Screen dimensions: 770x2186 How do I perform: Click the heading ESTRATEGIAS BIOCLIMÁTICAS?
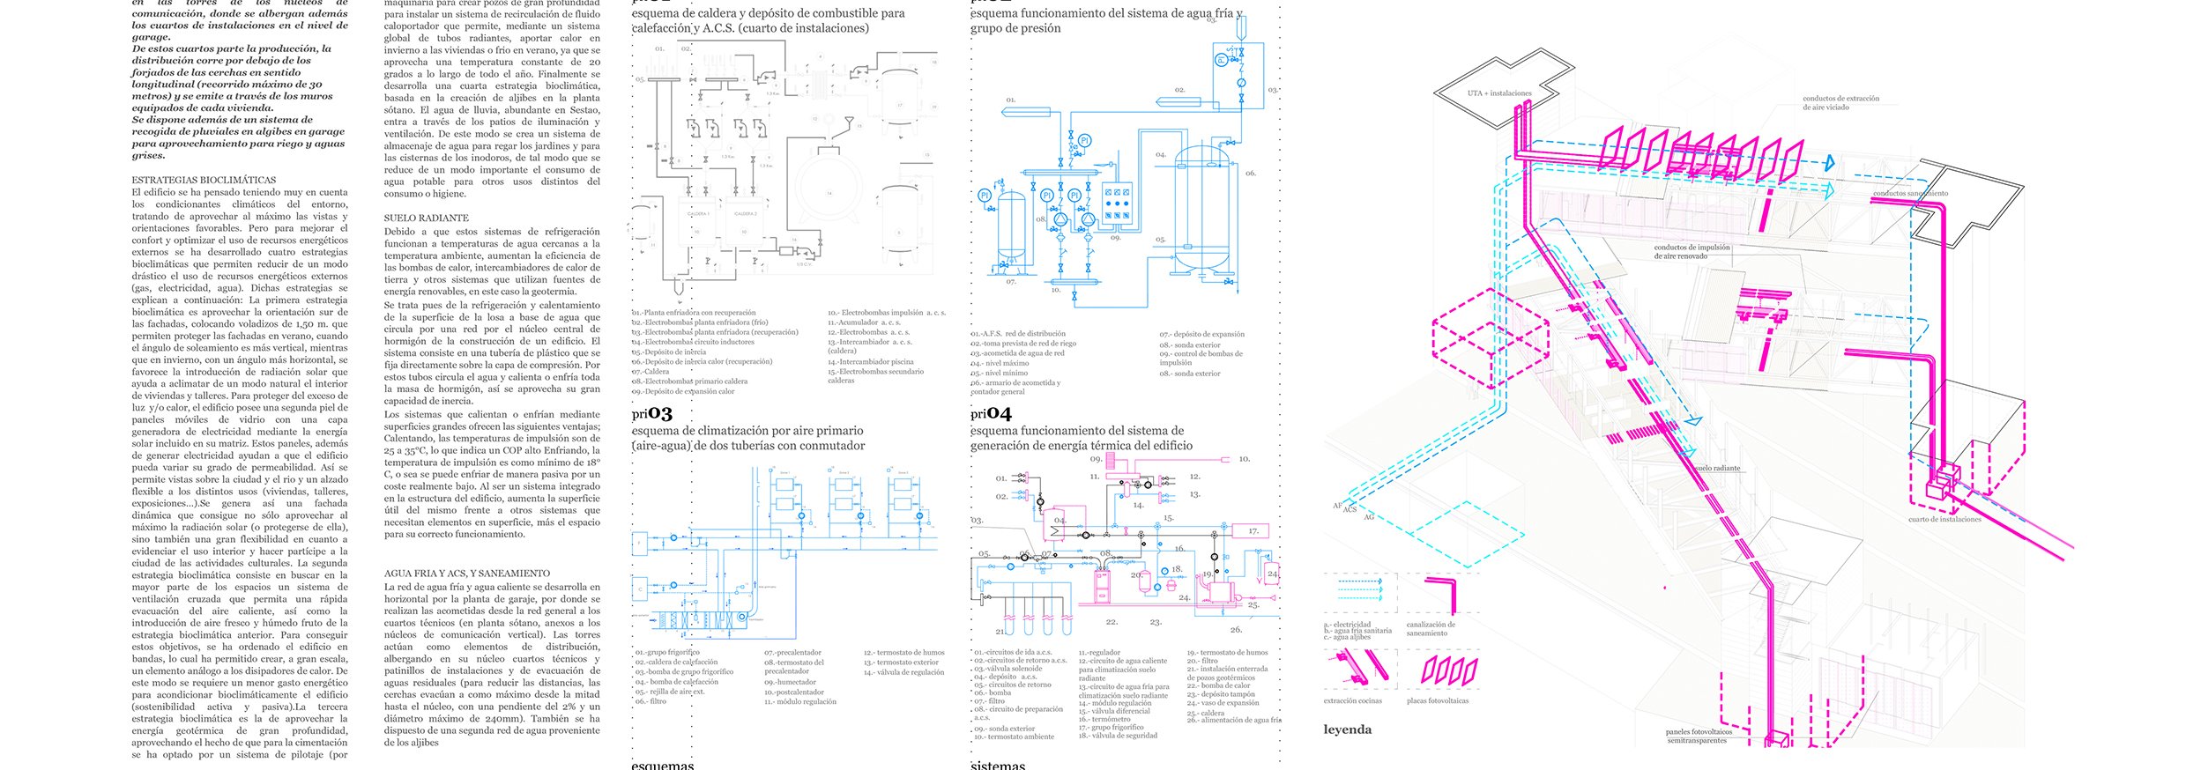204,180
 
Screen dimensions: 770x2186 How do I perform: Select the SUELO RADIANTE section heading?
426,218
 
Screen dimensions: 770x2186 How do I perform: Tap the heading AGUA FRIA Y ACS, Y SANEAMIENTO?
466,573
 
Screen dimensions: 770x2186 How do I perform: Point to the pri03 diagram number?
651,413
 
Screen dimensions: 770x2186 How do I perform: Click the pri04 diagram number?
991,413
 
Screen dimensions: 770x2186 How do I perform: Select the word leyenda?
1347,729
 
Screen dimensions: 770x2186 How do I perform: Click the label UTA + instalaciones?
1499,93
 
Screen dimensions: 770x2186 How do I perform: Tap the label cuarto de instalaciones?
1944,520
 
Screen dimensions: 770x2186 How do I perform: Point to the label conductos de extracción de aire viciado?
1840,103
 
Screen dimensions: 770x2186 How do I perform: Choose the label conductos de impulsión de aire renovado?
1692,252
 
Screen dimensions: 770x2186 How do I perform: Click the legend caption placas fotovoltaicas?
1438,701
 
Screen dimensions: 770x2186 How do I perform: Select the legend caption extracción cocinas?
1352,701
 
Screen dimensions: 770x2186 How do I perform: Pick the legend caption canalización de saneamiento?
1431,629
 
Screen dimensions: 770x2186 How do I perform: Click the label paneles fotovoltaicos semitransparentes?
1698,737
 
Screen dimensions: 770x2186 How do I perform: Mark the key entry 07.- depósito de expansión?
1201,335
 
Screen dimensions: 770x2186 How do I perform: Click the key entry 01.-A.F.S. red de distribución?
1018,334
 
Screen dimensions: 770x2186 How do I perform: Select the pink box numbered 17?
1253,531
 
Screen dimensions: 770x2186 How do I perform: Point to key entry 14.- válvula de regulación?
903,672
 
